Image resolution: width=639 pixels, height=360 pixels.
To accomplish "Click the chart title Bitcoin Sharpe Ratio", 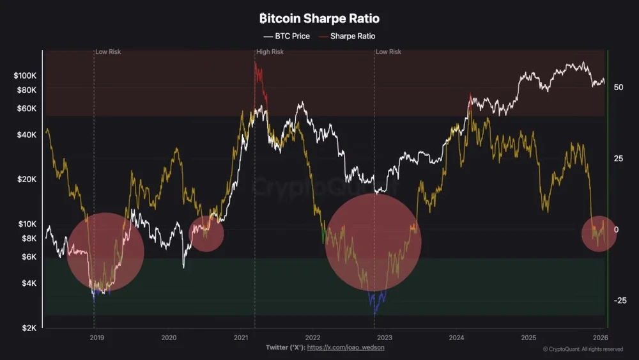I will click(x=319, y=19).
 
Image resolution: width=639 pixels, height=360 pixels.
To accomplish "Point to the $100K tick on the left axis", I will click(x=26, y=75).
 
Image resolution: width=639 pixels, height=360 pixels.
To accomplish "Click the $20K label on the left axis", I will click(x=27, y=179).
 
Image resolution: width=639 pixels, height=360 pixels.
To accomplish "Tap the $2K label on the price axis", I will click(x=29, y=328).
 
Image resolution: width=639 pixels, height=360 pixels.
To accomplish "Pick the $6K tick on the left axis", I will click(x=29, y=257).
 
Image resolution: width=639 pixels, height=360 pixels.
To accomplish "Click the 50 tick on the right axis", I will click(x=619, y=87).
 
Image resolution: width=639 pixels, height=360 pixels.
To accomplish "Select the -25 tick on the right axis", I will click(x=620, y=301).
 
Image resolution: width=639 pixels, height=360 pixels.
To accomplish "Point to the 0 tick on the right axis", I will click(x=617, y=230).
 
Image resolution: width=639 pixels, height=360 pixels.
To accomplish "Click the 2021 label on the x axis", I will click(x=241, y=337).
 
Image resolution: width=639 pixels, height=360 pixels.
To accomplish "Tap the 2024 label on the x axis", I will click(x=456, y=337).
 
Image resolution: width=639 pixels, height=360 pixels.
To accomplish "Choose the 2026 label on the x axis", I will click(x=600, y=337).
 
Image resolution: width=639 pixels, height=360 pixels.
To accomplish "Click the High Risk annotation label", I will click(x=270, y=52).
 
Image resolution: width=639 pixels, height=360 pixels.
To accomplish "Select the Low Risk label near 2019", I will click(x=108, y=52).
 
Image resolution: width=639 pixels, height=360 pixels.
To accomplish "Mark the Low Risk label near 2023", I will click(x=389, y=52).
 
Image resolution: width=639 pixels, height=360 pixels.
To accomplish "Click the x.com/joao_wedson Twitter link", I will click(x=346, y=347).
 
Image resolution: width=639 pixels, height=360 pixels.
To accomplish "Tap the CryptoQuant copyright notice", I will click(x=583, y=349).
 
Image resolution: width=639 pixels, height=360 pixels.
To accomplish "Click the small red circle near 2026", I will click(x=599, y=233).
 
